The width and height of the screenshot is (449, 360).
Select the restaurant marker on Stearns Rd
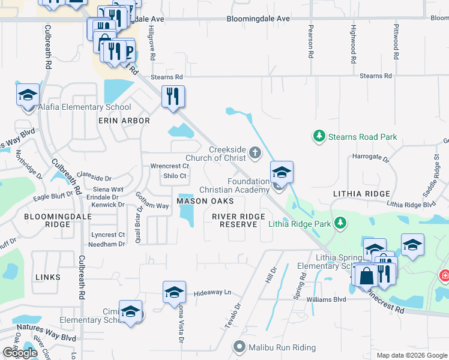173,96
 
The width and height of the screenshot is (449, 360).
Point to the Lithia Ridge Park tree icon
341,224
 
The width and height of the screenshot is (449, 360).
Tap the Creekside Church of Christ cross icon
255,153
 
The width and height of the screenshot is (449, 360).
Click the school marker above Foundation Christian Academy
282,173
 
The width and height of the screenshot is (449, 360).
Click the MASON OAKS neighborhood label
200,200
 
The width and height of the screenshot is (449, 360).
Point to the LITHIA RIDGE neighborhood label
360,194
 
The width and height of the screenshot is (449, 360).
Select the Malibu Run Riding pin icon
240,347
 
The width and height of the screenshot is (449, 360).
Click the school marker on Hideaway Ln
174,292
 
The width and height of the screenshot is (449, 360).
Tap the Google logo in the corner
19,353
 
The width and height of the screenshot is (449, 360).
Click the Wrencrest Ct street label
170,166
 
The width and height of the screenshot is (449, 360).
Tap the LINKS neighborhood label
47,277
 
